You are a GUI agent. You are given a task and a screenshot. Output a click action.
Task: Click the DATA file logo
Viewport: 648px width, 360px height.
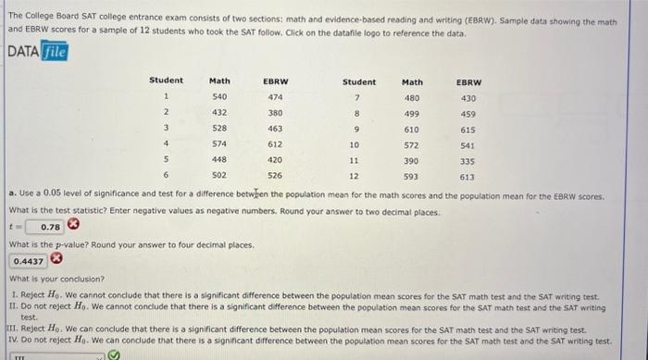click(x=38, y=52)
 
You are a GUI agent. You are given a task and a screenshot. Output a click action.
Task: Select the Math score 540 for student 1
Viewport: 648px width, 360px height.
click(x=219, y=96)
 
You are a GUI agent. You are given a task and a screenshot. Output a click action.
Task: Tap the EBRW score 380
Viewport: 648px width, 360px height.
click(x=274, y=112)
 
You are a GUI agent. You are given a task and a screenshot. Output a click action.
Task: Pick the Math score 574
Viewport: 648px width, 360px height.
click(x=219, y=143)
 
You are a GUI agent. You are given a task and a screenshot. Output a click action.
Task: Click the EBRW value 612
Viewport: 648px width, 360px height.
click(x=274, y=143)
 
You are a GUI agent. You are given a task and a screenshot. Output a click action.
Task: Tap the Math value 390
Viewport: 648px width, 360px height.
click(x=411, y=159)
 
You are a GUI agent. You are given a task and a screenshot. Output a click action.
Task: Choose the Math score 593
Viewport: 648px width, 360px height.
click(x=411, y=175)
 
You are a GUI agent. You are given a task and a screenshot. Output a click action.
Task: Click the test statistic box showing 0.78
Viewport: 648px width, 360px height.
click(x=48, y=227)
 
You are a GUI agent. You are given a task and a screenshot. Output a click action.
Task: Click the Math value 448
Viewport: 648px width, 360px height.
click(x=219, y=159)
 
